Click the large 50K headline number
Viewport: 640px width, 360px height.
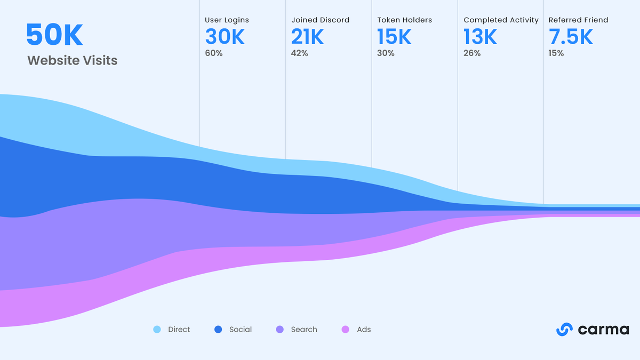point(54,35)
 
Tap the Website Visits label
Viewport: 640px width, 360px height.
point(72,60)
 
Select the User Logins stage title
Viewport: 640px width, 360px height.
point(227,20)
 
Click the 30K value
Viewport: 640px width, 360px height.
point(225,37)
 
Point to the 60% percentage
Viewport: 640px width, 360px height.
point(213,53)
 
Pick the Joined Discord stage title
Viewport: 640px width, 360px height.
point(320,20)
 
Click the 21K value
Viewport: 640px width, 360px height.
point(307,37)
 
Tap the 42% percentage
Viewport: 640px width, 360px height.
point(299,53)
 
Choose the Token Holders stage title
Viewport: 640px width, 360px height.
point(404,20)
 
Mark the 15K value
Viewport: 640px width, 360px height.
point(394,37)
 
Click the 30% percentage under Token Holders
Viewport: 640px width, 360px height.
point(386,53)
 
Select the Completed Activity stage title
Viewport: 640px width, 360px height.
point(501,20)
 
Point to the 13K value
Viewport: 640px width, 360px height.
point(480,37)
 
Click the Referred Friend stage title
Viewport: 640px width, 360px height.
point(578,20)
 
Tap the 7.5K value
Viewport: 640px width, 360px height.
point(571,37)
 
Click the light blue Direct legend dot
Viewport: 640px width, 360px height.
point(157,330)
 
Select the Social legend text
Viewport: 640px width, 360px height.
point(240,330)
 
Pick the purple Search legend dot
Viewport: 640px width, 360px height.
point(280,330)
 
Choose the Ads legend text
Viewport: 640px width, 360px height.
point(364,330)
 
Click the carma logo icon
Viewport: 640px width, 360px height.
point(564,330)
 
